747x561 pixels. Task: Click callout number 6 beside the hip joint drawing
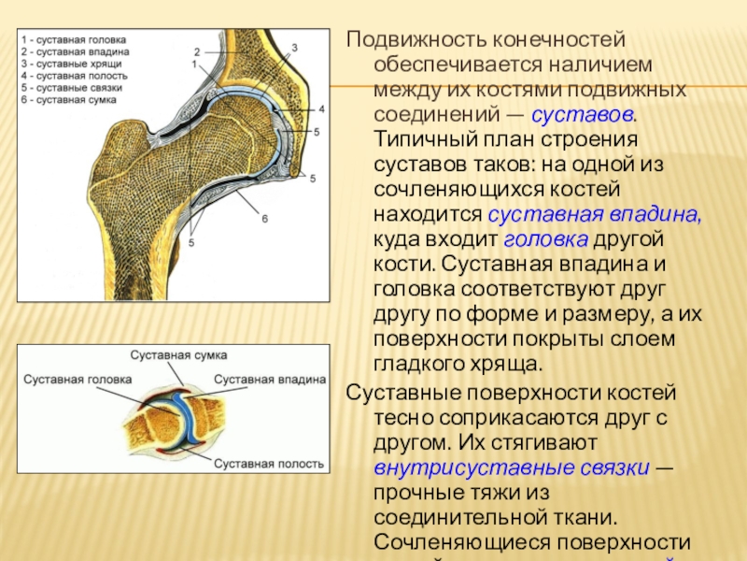tap(265, 219)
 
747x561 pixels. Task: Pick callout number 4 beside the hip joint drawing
tap(321, 108)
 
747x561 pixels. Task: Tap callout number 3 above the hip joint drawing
tap(294, 47)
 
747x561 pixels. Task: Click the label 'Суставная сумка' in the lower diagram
tap(178, 356)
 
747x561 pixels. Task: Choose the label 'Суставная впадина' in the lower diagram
tap(270, 381)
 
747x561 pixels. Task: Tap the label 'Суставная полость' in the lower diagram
tap(269, 463)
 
